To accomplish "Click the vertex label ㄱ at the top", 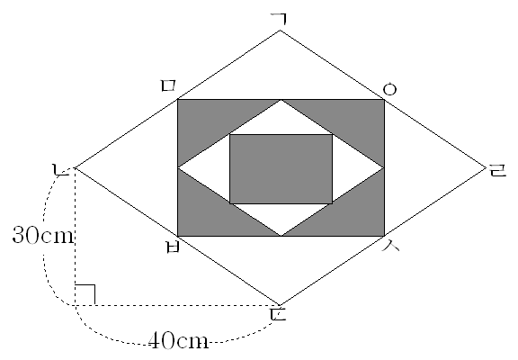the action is point(279,19).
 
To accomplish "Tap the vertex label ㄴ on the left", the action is point(61,169).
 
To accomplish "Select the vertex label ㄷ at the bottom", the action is point(278,315).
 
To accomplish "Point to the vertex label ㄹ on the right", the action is point(498,171).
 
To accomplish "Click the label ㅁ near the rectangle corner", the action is point(168,85).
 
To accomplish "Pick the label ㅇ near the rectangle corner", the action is point(389,89).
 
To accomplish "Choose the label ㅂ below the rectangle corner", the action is point(173,247).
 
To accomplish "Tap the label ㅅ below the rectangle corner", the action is point(391,246).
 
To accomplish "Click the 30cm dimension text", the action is point(42,236).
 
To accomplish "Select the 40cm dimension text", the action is point(178,340).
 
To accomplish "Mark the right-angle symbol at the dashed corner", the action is point(85,294).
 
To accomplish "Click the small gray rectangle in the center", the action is point(281,169).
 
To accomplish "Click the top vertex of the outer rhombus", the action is point(281,31).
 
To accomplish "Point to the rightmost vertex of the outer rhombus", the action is point(487,168).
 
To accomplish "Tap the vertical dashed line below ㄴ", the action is point(76,237).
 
